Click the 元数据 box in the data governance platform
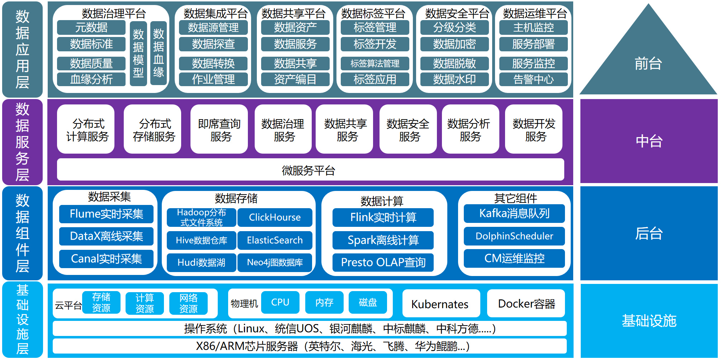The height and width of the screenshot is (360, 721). pyautogui.click(x=91, y=28)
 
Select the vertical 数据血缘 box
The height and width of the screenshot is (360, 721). pyautogui.click(x=159, y=53)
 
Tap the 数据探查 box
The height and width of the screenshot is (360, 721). pyautogui.click(x=213, y=44)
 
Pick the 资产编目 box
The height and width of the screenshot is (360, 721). pyautogui.click(x=295, y=79)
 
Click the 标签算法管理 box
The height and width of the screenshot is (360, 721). pyautogui.click(x=374, y=64)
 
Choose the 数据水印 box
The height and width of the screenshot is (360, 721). pyautogui.click(x=454, y=79)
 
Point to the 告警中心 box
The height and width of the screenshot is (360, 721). pyautogui.click(x=533, y=79)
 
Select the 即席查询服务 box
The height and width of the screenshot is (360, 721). pyautogui.click(x=219, y=130)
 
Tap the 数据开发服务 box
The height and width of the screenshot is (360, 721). pyautogui.click(x=534, y=130)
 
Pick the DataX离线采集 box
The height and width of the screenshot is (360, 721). pyautogui.click(x=106, y=236)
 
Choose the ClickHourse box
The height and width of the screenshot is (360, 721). pyautogui.click(x=275, y=217)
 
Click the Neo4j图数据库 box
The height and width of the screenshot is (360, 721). pyautogui.click(x=275, y=262)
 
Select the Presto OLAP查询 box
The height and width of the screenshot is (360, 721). pyautogui.click(x=383, y=262)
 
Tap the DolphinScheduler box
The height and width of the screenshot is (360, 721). pyautogui.click(x=514, y=236)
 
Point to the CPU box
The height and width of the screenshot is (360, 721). pyautogui.click(x=280, y=302)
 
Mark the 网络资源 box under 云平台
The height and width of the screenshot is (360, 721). pyautogui.click(x=188, y=303)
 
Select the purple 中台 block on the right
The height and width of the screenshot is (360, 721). pyautogui.click(x=649, y=141)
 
